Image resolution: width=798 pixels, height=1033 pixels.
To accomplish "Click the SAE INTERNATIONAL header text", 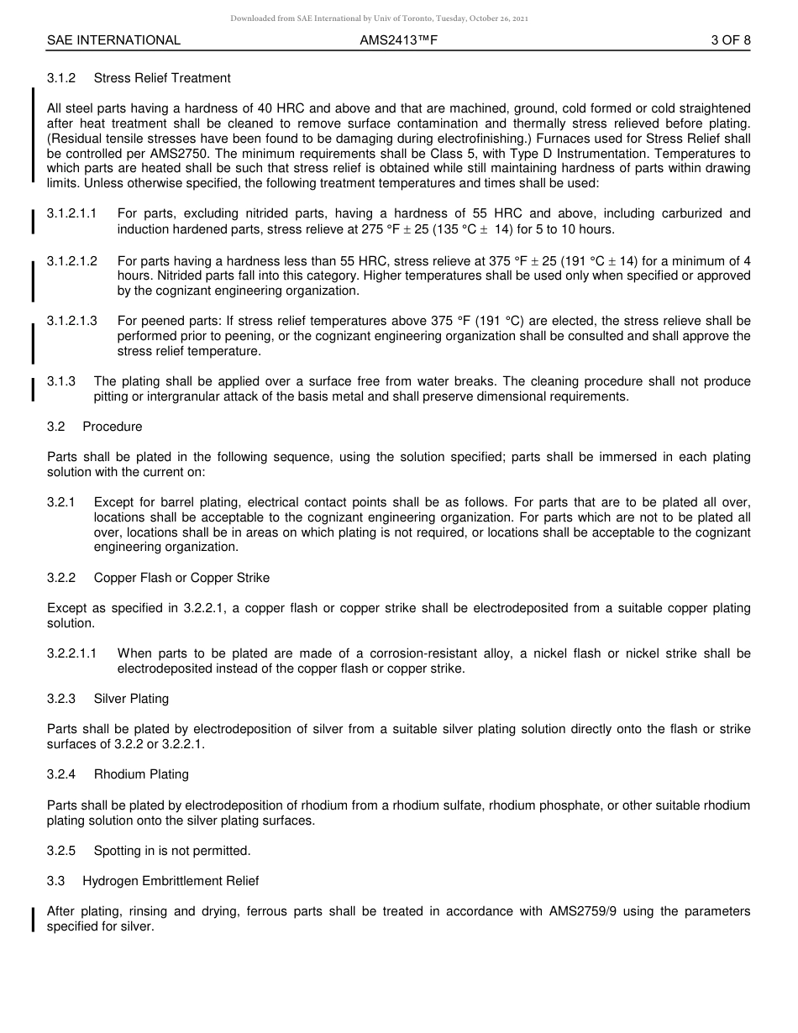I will pos(113,40).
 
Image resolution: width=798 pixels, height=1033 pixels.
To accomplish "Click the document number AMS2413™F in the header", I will pos(399,40).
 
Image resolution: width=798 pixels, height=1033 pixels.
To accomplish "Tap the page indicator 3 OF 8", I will pos(730,40).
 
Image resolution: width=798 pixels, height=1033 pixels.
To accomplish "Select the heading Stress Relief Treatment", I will pos(162,78).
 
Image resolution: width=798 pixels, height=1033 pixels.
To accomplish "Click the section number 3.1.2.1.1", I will pos(72,214).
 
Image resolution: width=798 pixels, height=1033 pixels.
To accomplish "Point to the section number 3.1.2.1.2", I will pos(72,261).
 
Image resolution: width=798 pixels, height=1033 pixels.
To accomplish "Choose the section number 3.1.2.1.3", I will pos(72,322).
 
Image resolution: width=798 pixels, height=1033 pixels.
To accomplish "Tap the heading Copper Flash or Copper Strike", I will pos(181,578).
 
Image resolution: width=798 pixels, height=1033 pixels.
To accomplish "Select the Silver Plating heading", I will pos(131,699).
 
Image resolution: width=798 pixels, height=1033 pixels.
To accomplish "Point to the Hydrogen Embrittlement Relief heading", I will pos(171,881).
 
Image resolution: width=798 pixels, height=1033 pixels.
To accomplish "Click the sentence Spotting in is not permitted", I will pos(172,851).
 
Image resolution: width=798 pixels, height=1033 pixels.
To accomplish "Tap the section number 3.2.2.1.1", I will pos(72,653).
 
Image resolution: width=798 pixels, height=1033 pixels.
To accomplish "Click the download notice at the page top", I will pos(380,18).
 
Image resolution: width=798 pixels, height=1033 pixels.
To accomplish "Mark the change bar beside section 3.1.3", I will pos(33,390).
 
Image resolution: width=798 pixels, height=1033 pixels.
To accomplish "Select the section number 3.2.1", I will pos(61,502).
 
